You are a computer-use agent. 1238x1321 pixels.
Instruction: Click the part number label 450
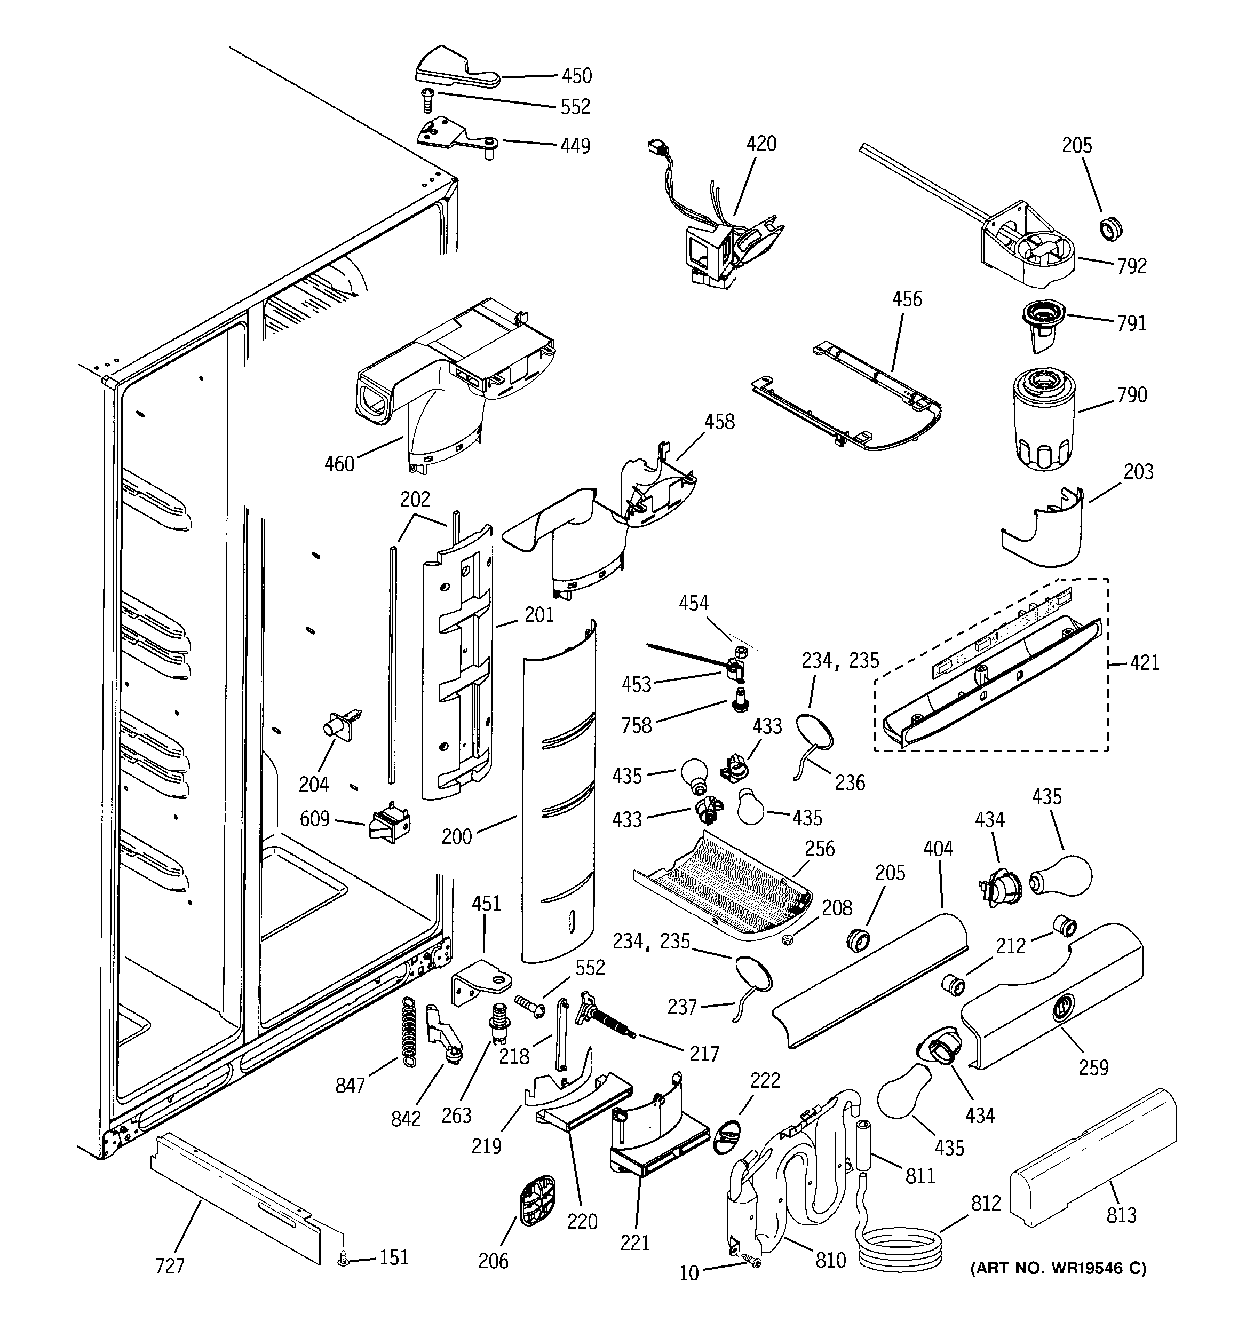point(576,76)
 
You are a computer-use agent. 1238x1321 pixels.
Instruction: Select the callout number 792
point(1132,266)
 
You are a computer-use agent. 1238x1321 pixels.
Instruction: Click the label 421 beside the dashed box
point(1144,662)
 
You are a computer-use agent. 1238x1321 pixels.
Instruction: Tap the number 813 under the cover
point(1121,1215)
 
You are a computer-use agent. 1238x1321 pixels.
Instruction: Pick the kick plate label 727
point(170,1267)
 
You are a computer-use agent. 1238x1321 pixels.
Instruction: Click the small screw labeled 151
point(344,1258)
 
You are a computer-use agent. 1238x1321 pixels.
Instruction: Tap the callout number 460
point(339,464)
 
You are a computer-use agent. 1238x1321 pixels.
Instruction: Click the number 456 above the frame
point(907,299)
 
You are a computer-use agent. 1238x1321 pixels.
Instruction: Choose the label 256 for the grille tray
point(819,849)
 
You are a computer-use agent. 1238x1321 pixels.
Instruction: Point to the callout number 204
point(313,785)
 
